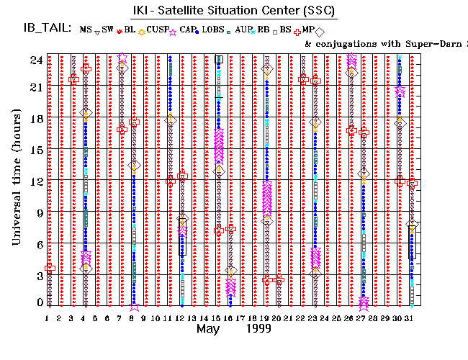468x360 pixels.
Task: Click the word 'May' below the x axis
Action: click(207, 328)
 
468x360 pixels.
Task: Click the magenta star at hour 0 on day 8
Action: click(134, 305)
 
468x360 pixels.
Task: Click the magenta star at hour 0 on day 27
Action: click(364, 303)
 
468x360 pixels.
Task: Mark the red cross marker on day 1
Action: click(50, 269)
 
